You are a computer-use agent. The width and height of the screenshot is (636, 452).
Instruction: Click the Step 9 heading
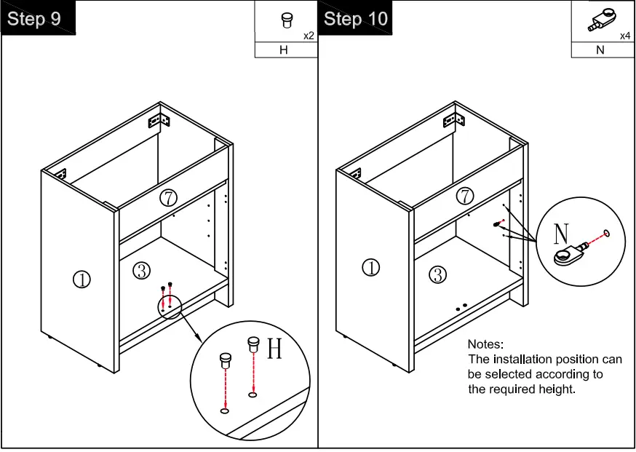pos(34,19)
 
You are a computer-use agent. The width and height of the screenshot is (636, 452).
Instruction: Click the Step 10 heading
pos(356,19)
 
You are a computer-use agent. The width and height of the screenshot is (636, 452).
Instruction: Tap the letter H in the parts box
pos(284,50)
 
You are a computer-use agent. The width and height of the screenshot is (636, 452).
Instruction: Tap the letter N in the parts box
pos(600,50)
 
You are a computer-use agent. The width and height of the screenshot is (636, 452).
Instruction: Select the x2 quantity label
pos(309,35)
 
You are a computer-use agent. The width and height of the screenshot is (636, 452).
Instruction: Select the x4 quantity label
pos(625,36)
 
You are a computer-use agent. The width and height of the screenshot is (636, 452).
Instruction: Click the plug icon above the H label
pos(287,20)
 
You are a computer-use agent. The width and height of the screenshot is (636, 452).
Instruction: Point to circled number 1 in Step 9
pos(82,279)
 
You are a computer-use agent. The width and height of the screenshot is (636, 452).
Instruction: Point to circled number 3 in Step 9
pos(142,271)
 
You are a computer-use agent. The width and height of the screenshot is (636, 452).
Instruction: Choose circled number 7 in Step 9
pos(169,197)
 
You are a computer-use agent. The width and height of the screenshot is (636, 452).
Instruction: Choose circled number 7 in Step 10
pos(464,196)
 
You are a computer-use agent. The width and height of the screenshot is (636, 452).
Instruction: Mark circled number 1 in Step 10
pos(371,268)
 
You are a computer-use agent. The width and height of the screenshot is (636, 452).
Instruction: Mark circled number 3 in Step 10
pos(437,274)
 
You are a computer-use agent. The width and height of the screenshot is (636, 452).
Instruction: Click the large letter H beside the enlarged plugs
pos(274,349)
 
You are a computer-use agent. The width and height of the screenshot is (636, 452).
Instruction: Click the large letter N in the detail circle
pos(561,234)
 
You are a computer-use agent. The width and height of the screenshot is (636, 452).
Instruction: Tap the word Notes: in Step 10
pos(485,344)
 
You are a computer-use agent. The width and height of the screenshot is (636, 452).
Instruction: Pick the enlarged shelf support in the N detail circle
pos(573,253)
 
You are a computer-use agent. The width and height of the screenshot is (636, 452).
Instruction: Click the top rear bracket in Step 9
pos(159,116)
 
